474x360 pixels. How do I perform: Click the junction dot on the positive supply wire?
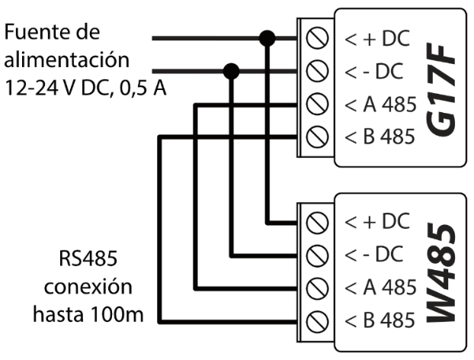point(267,37)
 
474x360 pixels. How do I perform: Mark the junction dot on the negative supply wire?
point(232,71)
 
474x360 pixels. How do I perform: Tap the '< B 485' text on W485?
point(379,321)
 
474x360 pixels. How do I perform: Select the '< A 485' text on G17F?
point(379,104)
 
